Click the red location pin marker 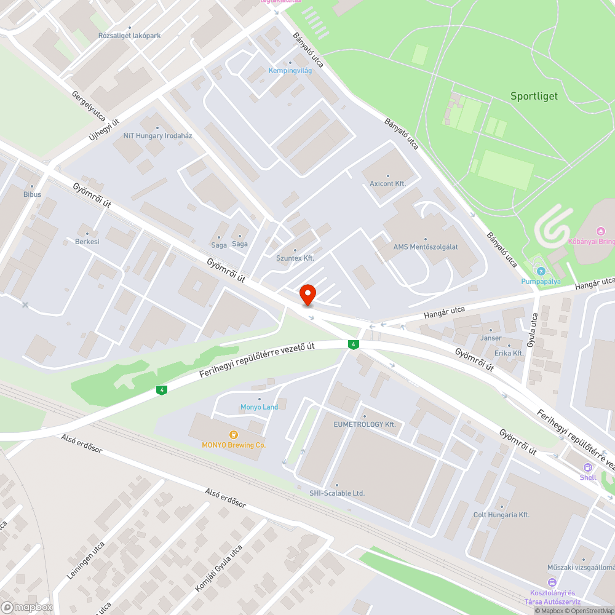(307, 295)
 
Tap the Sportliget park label (534, 96)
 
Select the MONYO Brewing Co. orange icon (233, 435)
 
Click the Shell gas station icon (588, 467)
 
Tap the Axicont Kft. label (387, 184)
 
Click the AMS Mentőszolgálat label (426, 247)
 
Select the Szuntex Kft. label (295, 258)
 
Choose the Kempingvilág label (290, 71)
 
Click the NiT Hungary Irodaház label (157, 135)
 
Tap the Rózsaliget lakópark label (130, 36)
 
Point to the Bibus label (32, 194)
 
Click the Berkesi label (87, 242)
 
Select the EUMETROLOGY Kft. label (364, 424)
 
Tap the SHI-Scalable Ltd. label (337, 493)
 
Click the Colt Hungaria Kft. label (501, 515)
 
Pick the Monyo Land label (259, 407)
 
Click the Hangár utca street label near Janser (444, 312)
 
